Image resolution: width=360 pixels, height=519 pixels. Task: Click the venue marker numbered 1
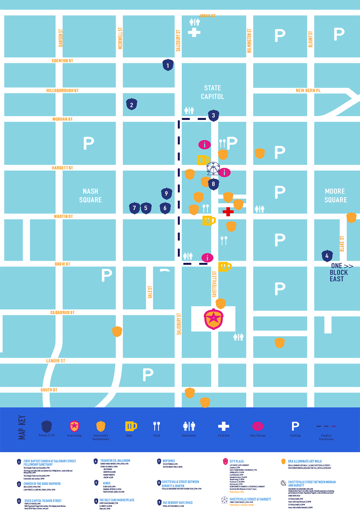pyautogui.click(x=168, y=65)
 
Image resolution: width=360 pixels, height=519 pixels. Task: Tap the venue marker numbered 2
pyautogui.click(x=131, y=105)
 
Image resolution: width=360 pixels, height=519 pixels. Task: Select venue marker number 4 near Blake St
pyautogui.click(x=327, y=256)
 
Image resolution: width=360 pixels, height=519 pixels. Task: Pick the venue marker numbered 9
pyautogui.click(x=166, y=193)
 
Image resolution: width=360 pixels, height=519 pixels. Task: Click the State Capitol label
pyautogui.click(x=212, y=92)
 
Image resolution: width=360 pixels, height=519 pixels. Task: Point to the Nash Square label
pyautogui.click(x=90, y=196)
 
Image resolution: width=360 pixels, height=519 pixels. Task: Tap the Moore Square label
pyautogui.click(x=335, y=196)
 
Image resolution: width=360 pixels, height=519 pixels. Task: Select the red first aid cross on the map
pyautogui.click(x=228, y=211)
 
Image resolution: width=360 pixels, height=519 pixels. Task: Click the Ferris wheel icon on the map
pyautogui.click(x=213, y=169)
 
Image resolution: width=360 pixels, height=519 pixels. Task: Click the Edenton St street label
pyautogui.click(x=62, y=61)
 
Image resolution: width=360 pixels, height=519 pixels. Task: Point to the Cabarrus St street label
pyautogui.click(x=62, y=312)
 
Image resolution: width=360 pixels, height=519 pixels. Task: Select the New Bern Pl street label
pyautogui.click(x=308, y=90)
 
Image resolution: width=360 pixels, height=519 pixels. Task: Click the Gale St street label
pyautogui.click(x=150, y=292)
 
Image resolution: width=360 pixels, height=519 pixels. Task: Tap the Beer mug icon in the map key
pyautogui.click(x=131, y=426)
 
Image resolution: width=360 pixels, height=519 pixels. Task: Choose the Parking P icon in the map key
pyautogui.click(x=295, y=426)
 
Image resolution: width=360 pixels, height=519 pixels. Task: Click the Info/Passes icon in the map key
pyautogui.click(x=258, y=426)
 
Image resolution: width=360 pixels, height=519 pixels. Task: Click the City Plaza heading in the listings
pyautogui.click(x=237, y=461)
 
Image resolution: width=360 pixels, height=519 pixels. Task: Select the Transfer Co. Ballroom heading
pyautogui.click(x=115, y=461)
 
